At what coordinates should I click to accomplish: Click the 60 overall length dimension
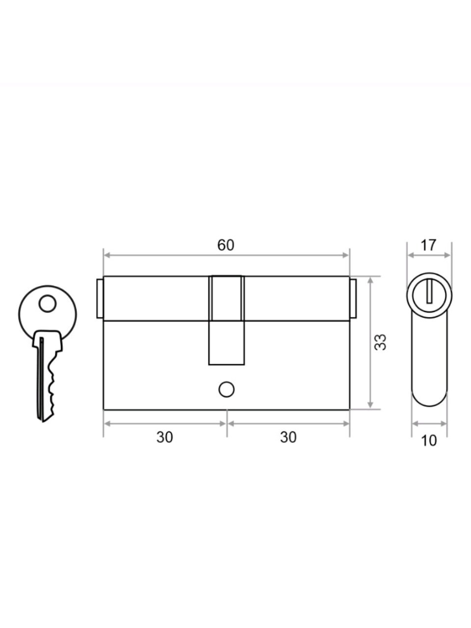pyautogui.click(x=226, y=245)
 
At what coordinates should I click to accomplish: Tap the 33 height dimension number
pyautogui.click(x=381, y=342)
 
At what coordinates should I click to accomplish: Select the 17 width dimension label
pyautogui.click(x=428, y=245)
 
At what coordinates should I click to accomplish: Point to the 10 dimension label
pyautogui.click(x=429, y=441)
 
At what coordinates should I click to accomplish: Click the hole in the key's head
pyautogui.click(x=48, y=304)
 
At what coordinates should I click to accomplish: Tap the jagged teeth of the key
pyautogui.click(x=52, y=385)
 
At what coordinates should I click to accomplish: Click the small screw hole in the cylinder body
pyautogui.click(x=227, y=390)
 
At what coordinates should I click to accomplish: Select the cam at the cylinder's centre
pyautogui.click(x=227, y=320)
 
